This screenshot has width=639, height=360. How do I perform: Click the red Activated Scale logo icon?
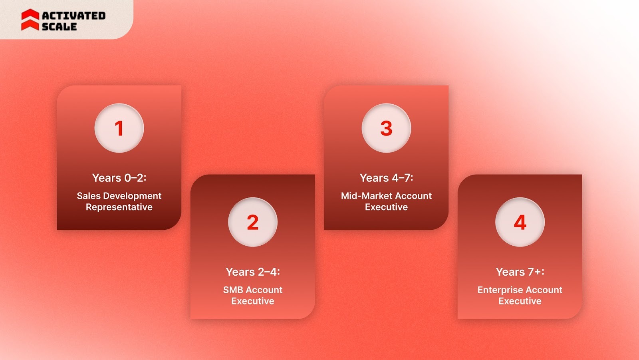(30, 20)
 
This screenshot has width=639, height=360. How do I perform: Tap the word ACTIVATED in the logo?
(74, 16)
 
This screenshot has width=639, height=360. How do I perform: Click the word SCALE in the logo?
(59, 27)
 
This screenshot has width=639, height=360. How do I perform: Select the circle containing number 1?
(119, 128)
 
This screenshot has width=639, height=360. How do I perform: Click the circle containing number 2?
(252, 222)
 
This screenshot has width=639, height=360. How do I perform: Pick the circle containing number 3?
(386, 128)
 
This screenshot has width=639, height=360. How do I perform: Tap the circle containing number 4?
(520, 222)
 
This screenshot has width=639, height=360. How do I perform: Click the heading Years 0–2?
(119, 178)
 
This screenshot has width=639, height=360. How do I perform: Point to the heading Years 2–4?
(253, 272)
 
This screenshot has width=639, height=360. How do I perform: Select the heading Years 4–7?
(386, 178)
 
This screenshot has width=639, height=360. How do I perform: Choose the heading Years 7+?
(520, 272)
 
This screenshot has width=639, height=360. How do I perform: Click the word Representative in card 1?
(119, 207)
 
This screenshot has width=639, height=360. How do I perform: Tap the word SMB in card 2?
(233, 290)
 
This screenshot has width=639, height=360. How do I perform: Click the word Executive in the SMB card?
(253, 301)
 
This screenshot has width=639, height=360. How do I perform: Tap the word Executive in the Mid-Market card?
(386, 207)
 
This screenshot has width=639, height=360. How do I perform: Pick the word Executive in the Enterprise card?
(520, 301)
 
